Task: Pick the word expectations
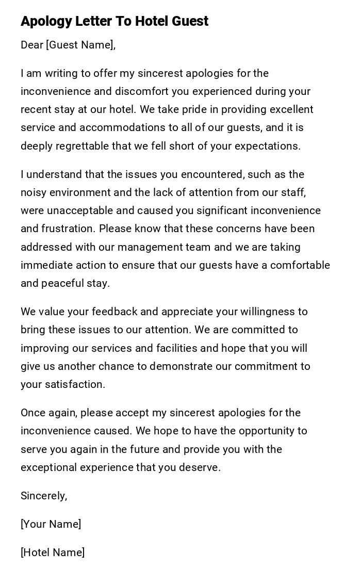coord(269,146)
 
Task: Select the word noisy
coord(34,193)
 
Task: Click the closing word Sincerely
coord(43,496)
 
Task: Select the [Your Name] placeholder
coord(51,525)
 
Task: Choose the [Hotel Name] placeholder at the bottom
coord(53,553)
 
